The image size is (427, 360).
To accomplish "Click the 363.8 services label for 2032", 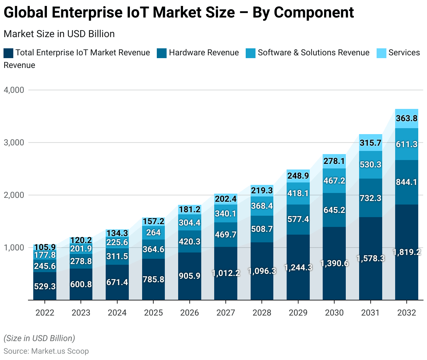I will coord(406,118).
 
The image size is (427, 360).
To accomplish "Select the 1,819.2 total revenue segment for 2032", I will coord(406,252).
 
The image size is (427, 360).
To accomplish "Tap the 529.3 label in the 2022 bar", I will coord(45,286).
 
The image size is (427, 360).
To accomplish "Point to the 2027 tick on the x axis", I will coord(226,312).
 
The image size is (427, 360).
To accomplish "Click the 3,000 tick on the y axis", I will coord(14,143).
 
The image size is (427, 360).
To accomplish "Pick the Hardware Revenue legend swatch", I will coord(162,53).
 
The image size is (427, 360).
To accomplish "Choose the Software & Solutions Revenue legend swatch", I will coord(251,53).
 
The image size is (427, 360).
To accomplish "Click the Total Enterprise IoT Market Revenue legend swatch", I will coord(8,53).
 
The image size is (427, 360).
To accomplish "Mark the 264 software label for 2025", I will coord(153,233).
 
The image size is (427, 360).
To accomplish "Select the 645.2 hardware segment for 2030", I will coord(334,210).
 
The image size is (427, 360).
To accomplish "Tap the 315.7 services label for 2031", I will coord(370,143).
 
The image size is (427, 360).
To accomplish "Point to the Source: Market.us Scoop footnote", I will coord(46,351).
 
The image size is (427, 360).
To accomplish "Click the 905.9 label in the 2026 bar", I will coord(189,276).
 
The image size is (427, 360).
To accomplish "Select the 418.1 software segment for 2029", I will coord(298,194).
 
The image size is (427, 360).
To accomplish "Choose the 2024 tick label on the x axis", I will coord(117,312).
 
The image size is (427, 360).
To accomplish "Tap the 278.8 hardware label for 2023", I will coord(81,261).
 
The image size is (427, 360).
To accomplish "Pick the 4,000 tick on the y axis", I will coord(14,90).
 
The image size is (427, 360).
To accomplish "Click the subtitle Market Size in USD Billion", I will coord(59,34).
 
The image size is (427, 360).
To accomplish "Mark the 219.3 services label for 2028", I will coord(262,191).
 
